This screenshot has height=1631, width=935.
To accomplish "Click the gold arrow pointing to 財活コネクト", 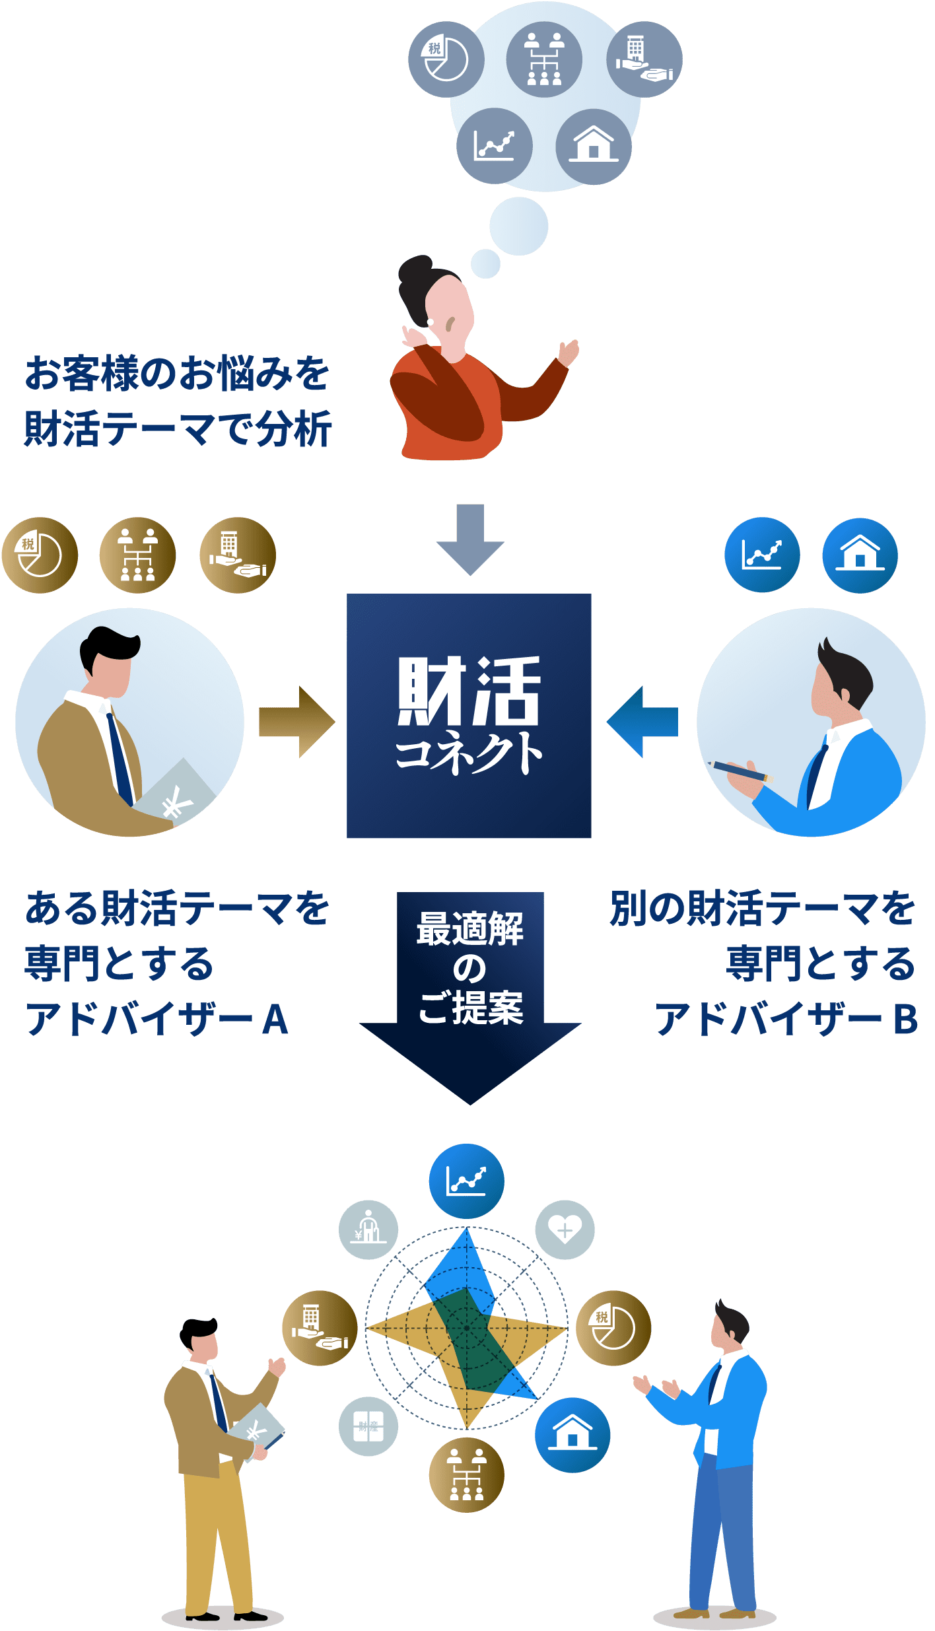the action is (x=296, y=722).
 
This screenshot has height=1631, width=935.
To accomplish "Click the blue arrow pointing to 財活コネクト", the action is (x=642, y=722).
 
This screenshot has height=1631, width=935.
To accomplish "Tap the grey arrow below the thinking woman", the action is (x=470, y=539).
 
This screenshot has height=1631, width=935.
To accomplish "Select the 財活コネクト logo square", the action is (x=469, y=716).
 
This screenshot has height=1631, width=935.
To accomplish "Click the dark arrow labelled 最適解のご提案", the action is (x=470, y=997).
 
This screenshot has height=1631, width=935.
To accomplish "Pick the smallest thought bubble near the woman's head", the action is (x=485, y=263).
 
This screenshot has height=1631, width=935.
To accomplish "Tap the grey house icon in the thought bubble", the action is (x=594, y=147).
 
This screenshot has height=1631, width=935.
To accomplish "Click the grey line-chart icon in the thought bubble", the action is (x=495, y=146).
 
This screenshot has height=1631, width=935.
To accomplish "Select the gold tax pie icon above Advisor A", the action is (x=40, y=555).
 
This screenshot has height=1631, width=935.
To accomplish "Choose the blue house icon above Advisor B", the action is (x=860, y=555).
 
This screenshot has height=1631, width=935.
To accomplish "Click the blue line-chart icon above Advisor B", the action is (x=763, y=555).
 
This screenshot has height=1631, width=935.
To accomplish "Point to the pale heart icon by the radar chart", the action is (x=565, y=1230).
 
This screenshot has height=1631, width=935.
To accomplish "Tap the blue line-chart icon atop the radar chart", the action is (x=467, y=1181).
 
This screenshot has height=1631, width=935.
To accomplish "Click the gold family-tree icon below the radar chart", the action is (x=467, y=1475).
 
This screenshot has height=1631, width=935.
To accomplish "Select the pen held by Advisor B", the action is (x=740, y=771).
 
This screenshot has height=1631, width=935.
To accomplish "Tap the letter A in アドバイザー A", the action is (x=275, y=1020).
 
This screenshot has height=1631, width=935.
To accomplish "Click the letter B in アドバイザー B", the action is (x=905, y=1020).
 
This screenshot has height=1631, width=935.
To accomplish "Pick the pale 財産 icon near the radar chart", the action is (x=368, y=1426).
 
